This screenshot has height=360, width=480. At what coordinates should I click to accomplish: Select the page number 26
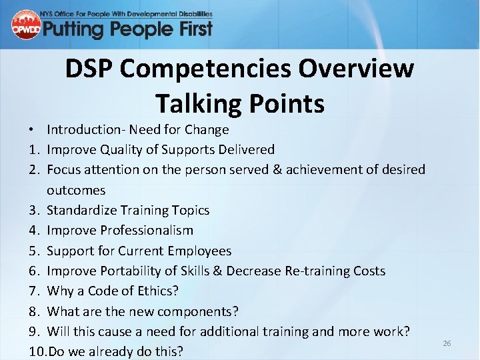[447, 343]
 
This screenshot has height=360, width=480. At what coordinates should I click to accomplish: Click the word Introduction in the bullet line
[86, 129]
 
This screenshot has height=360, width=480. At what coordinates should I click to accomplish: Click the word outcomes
[76, 190]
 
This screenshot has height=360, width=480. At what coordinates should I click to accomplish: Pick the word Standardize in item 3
[82, 210]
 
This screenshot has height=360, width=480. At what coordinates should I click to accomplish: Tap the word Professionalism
[147, 230]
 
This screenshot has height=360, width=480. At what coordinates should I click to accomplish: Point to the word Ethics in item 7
[158, 291]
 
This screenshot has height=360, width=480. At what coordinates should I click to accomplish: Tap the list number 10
[37, 351]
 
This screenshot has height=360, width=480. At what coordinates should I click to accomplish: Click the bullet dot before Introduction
[32, 129]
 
